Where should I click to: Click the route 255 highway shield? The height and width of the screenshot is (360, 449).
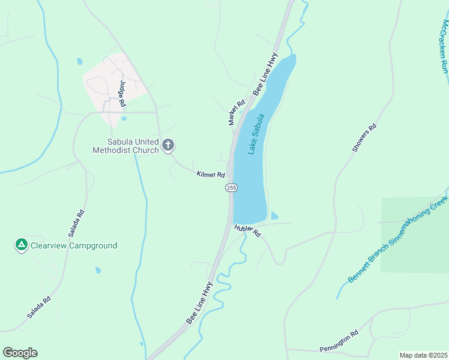pyautogui.click(x=232, y=188)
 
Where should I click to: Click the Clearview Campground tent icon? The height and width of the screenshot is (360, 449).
pyautogui.click(x=21, y=245)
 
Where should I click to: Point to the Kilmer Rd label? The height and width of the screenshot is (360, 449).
pyautogui.click(x=211, y=175)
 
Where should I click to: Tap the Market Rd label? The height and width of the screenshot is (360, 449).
pyautogui.click(x=237, y=112)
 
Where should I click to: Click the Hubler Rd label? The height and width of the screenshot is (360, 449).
pyautogui.click(x=248, y=230)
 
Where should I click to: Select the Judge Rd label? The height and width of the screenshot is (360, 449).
pyautogui.click(x=122, y=94)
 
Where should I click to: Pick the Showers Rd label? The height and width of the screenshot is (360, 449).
pyautogui.click(x=364, y=138)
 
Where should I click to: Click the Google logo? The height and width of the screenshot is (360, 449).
pyautogui.click(x=20, y=353)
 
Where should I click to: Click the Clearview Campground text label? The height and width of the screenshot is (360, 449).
pyautogui.click(x=75, y=245)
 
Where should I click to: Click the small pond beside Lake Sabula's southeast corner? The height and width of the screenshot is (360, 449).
pyautogui.click(x=274, y=216)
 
